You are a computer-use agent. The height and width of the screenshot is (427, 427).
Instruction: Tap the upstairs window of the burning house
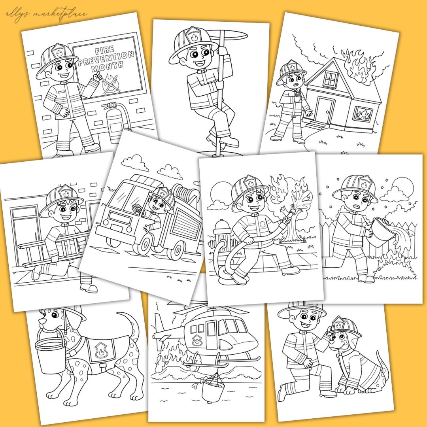coord(330,79)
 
